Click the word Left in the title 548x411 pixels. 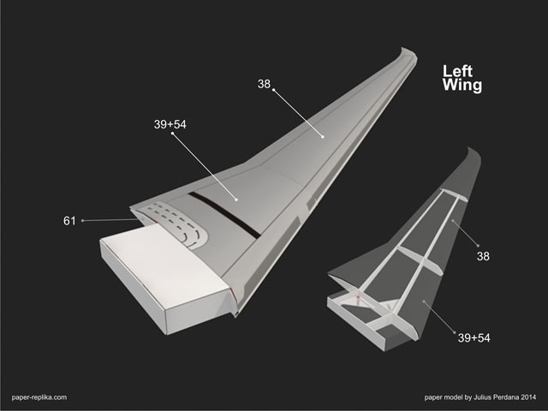pos(457,71)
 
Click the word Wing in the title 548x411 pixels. pos(462,86)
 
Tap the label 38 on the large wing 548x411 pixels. pos(264,84)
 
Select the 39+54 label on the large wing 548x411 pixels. pos(170,124)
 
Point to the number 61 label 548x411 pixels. pos(69,221)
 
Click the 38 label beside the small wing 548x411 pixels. pos(483,257)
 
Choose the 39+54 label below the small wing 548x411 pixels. pos(474,338)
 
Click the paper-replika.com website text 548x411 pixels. pos(39,397)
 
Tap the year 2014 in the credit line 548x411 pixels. pos(528,397)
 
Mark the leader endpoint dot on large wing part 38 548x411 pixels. pos(323,137)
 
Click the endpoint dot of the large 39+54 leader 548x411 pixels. pos(236,200)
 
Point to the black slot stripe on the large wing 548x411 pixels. pos(224,215)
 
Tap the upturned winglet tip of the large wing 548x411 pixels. pos(408,54)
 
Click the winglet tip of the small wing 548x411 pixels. pos(474,154)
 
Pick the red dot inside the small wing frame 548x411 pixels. pos(358,297)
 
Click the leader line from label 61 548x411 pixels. pos(110,220)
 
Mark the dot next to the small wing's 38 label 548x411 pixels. pos(478,246)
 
